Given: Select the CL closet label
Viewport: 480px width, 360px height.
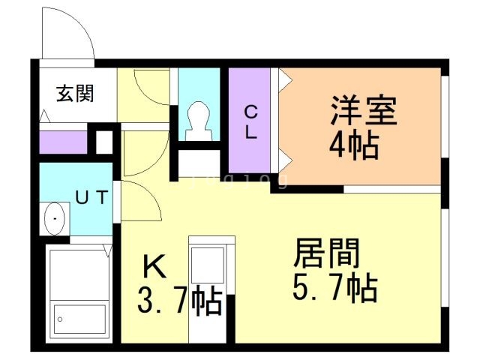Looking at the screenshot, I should tap(252, 122).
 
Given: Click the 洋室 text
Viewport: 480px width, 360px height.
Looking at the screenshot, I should tap(363, 112).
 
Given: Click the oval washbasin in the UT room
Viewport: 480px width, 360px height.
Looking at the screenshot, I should tap(55, 219).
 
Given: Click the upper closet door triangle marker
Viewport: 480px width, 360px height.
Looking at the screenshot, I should tap(284, 78).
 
